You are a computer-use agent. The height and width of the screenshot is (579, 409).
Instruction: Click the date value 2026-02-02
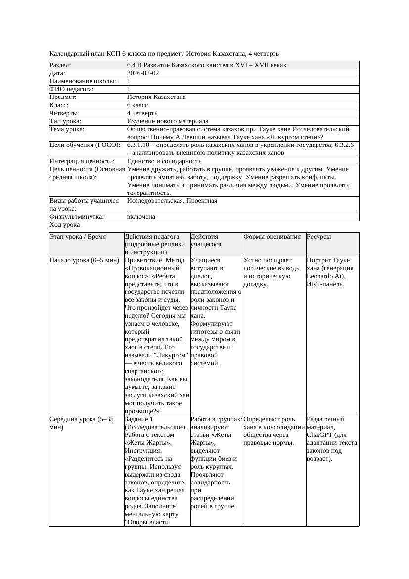point(143,73)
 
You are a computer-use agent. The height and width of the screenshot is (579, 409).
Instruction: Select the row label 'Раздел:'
point(60,65)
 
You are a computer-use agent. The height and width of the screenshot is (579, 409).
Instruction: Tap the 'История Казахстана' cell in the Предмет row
point(156,97)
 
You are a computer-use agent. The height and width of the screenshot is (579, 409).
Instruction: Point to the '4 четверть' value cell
point(143,113)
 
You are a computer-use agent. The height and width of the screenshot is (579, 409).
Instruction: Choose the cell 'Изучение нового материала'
point(167,121)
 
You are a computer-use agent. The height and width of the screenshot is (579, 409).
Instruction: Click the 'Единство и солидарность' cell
point(164,161)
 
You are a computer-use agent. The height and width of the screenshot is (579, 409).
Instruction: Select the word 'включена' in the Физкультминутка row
point(141,217)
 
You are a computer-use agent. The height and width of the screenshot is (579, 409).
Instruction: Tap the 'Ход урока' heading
point(64,225)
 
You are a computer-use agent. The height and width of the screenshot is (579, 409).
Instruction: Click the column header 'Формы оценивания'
point(272,237)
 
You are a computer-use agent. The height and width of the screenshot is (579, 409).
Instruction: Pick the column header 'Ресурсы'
point(319,237)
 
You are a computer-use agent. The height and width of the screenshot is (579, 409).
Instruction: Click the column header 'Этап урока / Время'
point(77,237)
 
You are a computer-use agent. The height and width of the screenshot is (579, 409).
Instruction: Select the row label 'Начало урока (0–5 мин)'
point(84,260)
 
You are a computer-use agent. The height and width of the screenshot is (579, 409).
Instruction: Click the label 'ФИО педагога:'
point(72,90)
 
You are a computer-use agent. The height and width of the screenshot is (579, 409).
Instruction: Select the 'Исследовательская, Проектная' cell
point(172,201)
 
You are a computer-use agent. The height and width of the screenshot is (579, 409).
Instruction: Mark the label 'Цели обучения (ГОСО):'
point(85,145)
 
